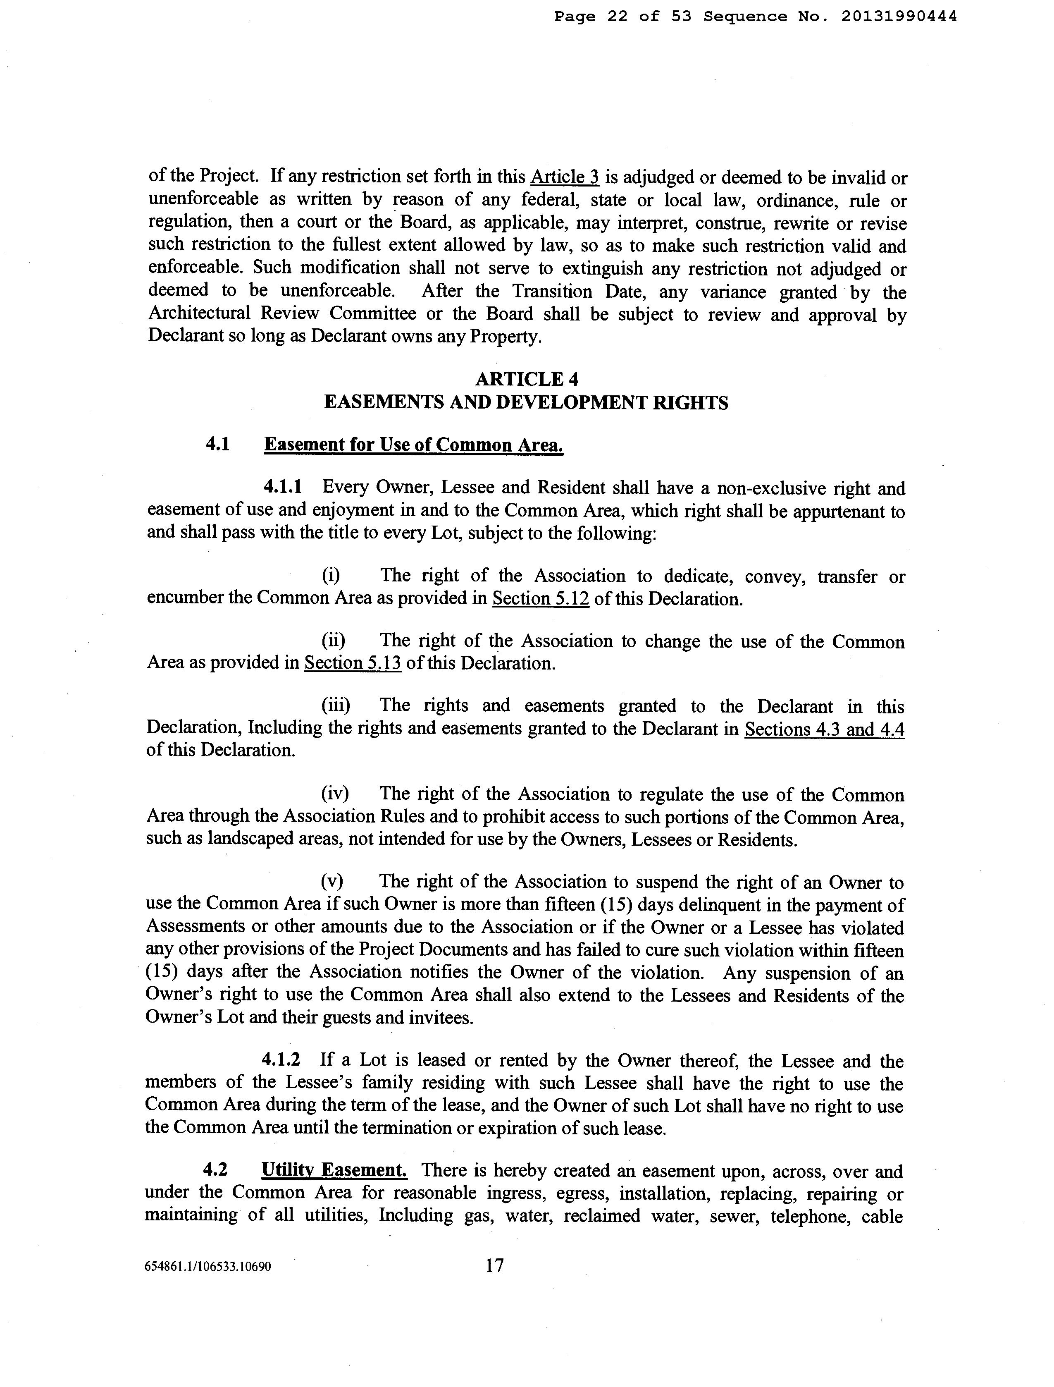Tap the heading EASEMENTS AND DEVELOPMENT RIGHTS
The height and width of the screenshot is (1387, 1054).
pyautogui.click(x=526, y=402)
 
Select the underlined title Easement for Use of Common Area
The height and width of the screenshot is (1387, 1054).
pyautogui.click(x=413, y=445)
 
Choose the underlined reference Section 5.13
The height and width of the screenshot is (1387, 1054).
pyautogui.click(x=353, y=663)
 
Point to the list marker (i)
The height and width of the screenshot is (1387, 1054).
pyautogui.click(x=331, y=576)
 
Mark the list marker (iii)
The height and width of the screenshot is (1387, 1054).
pyautogui.click(x=336, y=705)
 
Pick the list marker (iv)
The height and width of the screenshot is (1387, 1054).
pyautogui.click(x=334, y=794)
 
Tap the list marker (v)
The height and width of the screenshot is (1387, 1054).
pyautogui.click(x=332, y=882)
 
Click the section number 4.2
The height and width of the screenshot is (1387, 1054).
pyautogui.click(x=215, y=1170)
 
